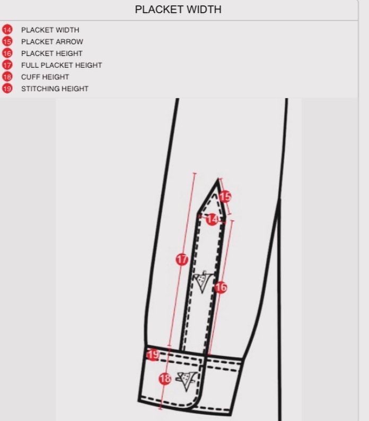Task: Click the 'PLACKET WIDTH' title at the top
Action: (178, 10)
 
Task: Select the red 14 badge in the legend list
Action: (7, 30)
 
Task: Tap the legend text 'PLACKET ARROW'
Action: (52, 42)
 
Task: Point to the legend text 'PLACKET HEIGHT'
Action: (51, 53)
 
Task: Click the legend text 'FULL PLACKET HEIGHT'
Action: (61, 65)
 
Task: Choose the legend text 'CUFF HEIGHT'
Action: (45, 77)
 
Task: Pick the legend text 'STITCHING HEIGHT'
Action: (55, 88)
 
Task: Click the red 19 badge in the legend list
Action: (7, 88)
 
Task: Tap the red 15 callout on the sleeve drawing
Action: (225, 197)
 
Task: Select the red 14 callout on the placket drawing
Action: (212, 219)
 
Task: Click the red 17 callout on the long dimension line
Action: (182, 259)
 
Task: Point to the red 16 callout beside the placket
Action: (221, 288)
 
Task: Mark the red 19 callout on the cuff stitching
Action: (153, 355)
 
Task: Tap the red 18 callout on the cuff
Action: (165, 379)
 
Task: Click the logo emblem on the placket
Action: (204, 281)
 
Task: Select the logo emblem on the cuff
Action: (186, 381)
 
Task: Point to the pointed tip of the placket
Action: (217, 180)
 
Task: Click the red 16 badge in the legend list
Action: (7, 53)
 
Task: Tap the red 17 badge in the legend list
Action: (7, 65)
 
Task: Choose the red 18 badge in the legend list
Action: (7, 77)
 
